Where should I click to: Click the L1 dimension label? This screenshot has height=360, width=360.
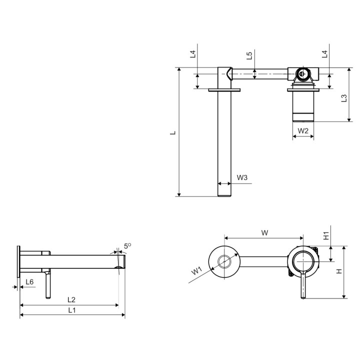[x=72, y=310]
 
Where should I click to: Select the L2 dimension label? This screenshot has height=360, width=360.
[x=71, y=299]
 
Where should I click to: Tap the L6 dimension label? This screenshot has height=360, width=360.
[x=29, y=281]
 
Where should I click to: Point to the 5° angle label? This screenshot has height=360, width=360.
[x=127, y=246]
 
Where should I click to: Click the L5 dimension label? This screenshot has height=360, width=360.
[x=249, y=56]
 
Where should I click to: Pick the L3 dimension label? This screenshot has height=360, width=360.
[x=344, y=98]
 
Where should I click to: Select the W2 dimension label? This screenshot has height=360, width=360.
[x=303, y=130]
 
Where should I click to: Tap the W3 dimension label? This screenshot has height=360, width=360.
[x=242, y=177]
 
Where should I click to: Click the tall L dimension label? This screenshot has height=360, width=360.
[x=173, y=132]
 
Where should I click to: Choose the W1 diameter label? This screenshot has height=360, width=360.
[x=196, y=270]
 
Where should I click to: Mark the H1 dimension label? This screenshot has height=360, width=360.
[x=326, y=236]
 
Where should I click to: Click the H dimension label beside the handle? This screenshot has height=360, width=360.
[x=339, y=271]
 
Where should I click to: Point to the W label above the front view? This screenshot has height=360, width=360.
[x=264, y=233]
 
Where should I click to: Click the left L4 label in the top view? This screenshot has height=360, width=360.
[x=193, y=54]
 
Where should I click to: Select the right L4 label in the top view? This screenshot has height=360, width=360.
[x=324, y=54]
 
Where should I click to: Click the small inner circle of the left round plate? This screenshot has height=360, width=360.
[x=224, y=261]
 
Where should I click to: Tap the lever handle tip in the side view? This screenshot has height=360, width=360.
[x=48, y=297]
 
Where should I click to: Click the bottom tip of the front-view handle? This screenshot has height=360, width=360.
[x=303, y=298]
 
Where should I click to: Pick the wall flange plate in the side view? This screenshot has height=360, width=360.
[x=18, y=261]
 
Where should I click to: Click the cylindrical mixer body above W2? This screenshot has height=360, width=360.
[x=303, y=106]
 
